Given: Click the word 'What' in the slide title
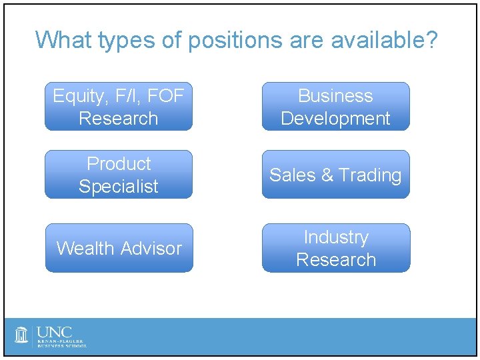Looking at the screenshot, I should [64, 40].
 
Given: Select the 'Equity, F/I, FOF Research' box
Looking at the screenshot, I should [119, 107].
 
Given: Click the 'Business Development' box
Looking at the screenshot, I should [335, 107].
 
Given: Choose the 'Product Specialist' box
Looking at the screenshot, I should [119, 175].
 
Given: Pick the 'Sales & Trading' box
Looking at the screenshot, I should [335, 175].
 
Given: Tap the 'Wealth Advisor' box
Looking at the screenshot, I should [119, 248].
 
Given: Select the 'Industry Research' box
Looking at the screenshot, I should [335, 248].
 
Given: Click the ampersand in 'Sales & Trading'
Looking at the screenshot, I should [327, 175].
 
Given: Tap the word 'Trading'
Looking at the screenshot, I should [369, 175].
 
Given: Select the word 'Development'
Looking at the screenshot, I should [335, 119].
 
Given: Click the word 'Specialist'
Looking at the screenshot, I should [119, 187].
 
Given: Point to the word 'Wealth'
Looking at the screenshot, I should [85, 248].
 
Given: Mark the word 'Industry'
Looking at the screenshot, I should [335, 237].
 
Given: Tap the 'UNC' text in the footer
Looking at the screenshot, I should [55, 331].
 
